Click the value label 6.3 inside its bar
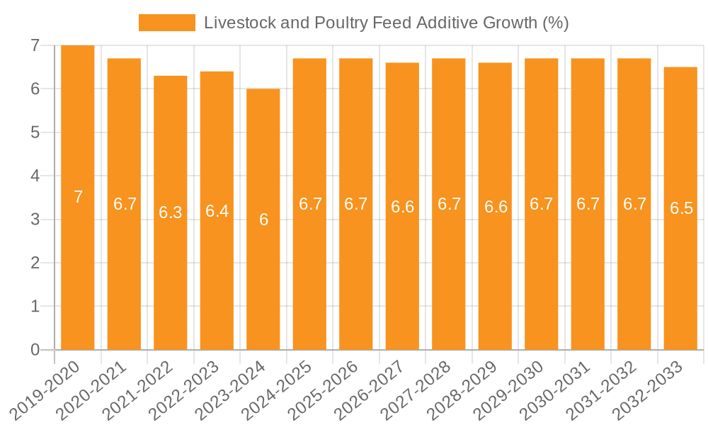coord(171,212)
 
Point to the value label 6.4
coord(217,211)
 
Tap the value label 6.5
coord(681,209)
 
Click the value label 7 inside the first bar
coord(78,198)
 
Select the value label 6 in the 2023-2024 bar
coord(263,220)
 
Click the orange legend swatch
coord(166,23)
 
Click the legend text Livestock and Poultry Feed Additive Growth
coord(386,23)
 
